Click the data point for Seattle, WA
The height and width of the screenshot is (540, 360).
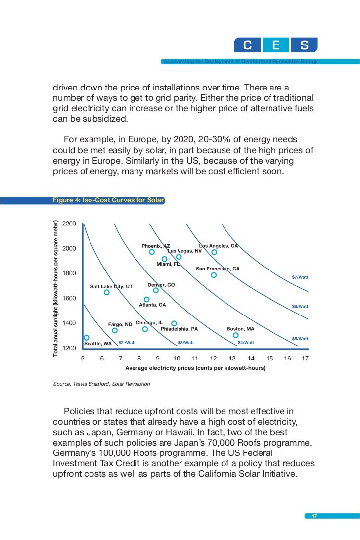pyautogui.click(x=86, y=338)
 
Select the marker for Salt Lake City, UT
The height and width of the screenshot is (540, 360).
pyautogui.click(x=106, y=292)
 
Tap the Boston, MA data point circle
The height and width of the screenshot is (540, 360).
pyautogui.click(x=235, y=335)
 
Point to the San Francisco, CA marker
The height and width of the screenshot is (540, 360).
pyautogui.click(x=214, y=275)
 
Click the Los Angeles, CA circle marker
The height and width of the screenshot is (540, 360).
pyautogui.click(x=214, y=252)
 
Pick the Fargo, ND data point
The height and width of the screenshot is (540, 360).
pyautogui.click(x=115, y=330)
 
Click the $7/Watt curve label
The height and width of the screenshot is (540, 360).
pyautogui.click(x=300, y=277)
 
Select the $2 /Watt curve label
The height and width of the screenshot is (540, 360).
pyautogui.click(x=127, y=342)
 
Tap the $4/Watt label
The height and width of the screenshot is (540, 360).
pyautogui.click(x=246, y=342)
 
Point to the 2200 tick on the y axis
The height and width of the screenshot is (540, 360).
pyautogui.click(x=69, y=224)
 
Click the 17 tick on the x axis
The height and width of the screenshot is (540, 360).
pyautogui.click(x=305, y=359)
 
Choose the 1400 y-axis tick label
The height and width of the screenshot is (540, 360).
pyautogui.click(x=69, y=323)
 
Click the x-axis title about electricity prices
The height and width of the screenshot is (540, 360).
pyautogui.click(x=195, y=368)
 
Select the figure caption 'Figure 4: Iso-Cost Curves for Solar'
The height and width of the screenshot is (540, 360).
pyautogui.click(x=108, y=200)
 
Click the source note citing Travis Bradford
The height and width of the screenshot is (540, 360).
pyautogui.click(x=101, y=384)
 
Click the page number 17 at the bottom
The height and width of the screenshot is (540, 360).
pyautogui.click(x=314, y=517)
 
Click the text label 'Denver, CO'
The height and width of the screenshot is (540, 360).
pyautogui.click(x=161, y=285)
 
